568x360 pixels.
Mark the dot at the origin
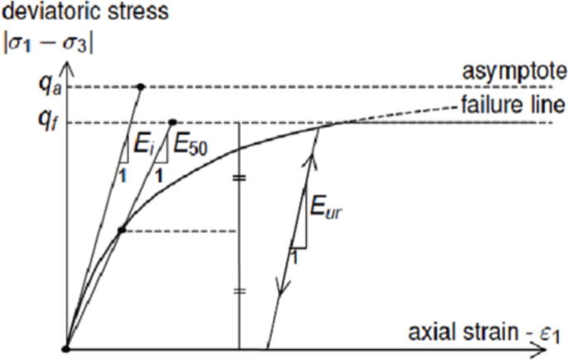pyautogui.click(x=66, y=348)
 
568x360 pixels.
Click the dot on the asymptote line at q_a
pyautogui.click(x=141, y=86)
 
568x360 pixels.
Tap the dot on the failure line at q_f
pyautogui.click(x=172, y=123)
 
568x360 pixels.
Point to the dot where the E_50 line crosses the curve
pyautogui.click(x=121, y=231)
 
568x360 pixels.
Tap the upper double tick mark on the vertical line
pyautogui.click(x=239, y=178)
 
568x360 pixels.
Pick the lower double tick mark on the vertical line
pyautogui.click(x=239, y=291)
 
